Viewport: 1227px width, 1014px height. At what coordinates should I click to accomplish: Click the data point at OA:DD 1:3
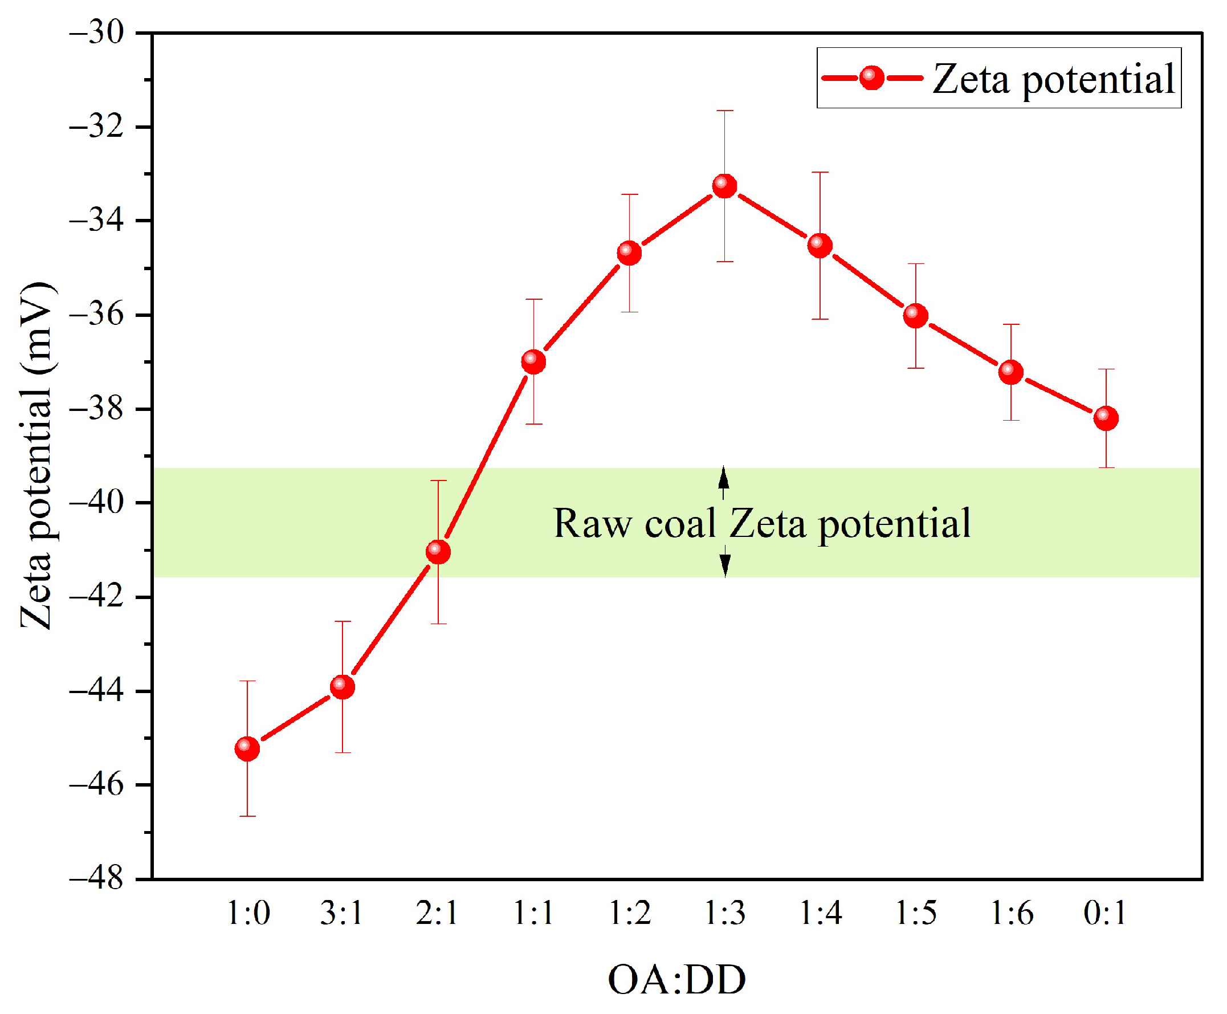(724, 186)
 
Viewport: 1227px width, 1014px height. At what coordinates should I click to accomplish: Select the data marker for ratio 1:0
(247, 748)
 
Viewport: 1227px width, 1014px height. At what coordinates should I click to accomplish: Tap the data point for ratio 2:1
(438, 551)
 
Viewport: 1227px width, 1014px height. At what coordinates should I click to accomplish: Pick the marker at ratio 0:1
(1106, 418)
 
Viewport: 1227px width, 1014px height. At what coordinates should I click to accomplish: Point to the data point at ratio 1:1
(533, 361)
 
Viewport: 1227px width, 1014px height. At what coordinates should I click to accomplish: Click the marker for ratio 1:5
(915, 315)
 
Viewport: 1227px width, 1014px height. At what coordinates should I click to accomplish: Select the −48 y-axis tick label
(97, 878)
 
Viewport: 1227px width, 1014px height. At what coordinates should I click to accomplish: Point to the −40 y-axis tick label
(97, 502)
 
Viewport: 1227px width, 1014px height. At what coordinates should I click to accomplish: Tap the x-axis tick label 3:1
(341, 913)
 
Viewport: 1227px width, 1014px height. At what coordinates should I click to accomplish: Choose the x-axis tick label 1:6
(1012, 913)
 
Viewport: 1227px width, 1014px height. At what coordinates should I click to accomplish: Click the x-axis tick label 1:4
(820, 913)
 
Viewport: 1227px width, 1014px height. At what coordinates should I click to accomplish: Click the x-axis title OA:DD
(676, 980)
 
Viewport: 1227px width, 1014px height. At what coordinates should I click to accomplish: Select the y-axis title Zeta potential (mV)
(36, 455)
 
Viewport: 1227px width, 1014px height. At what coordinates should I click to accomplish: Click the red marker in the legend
(871, 78)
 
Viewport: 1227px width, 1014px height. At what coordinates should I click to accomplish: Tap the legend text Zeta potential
(1053, 79)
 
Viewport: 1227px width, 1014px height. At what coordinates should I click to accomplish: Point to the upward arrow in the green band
(724, 480)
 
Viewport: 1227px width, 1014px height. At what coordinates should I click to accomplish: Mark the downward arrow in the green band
(724, 562)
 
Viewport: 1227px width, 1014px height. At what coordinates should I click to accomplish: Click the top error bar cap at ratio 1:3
(724, 111)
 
